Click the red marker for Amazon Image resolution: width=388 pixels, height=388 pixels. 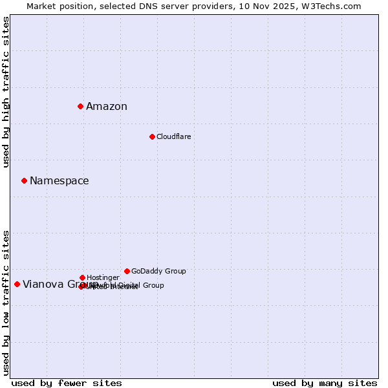point(80,106)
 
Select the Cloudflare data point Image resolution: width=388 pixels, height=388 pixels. point(152,136)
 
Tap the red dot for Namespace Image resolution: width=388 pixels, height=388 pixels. point(24,180)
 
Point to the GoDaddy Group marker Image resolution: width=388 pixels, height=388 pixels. point(127,271)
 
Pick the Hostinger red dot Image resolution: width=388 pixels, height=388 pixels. point(82,277)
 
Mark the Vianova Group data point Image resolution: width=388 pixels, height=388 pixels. point(17,284)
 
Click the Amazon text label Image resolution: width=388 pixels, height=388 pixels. point(107,107)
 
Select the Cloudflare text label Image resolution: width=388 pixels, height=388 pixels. point(173,137)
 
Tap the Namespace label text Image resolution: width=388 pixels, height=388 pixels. point(59,181)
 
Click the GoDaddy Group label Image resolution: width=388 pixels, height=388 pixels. point(158,272)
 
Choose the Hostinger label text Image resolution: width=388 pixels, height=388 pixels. point(103,278)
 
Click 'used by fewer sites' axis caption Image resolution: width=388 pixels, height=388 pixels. point(67,383)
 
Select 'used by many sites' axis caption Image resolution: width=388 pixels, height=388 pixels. point(325,383)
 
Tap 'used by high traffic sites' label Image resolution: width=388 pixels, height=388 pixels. point(6,92)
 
